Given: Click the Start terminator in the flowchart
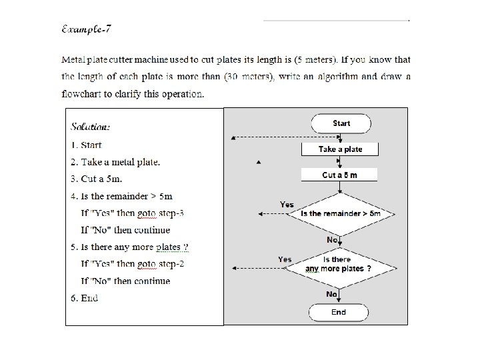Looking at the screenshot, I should coord(341,123).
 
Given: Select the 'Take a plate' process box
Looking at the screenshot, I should coord(340,149).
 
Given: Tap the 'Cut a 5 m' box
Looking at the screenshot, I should coord(340,175).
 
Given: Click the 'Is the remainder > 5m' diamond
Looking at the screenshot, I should coord(340,213).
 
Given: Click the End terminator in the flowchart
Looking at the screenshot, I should coord(339,312).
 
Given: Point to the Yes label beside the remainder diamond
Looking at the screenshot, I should coord(287,205).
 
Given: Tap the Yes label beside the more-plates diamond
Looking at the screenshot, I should coord(285,259).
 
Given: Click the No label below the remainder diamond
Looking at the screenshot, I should coord(332,239).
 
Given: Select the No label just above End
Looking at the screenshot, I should coord(331,294).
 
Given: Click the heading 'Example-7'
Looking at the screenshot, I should coord(86,29).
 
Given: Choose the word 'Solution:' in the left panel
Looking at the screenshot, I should coord(91,127).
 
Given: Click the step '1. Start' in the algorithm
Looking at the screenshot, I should coord(87,145).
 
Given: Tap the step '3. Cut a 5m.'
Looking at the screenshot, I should coord(97,179).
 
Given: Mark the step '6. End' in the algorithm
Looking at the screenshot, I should coord(85,298).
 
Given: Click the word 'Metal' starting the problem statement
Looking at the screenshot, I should coord(73,60).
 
